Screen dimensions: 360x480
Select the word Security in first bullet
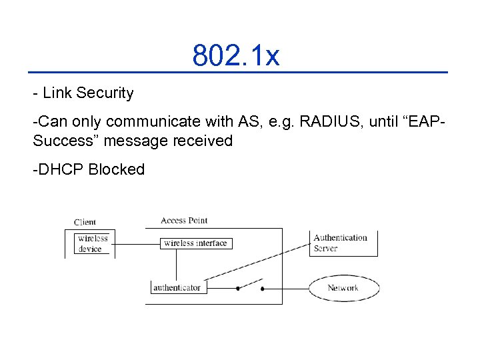(105, 93)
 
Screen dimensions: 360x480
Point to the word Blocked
(117, 169)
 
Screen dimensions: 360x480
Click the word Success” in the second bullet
(61, 141)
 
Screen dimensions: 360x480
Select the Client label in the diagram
(85, 222)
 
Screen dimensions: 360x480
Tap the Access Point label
(184, 221)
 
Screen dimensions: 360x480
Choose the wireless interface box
(195, 243)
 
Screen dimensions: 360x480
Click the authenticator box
(176, 288)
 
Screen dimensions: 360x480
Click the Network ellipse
(343, 288)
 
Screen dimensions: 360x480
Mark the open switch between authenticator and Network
(250, 285)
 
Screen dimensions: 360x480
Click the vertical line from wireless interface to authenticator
(176, 265)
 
